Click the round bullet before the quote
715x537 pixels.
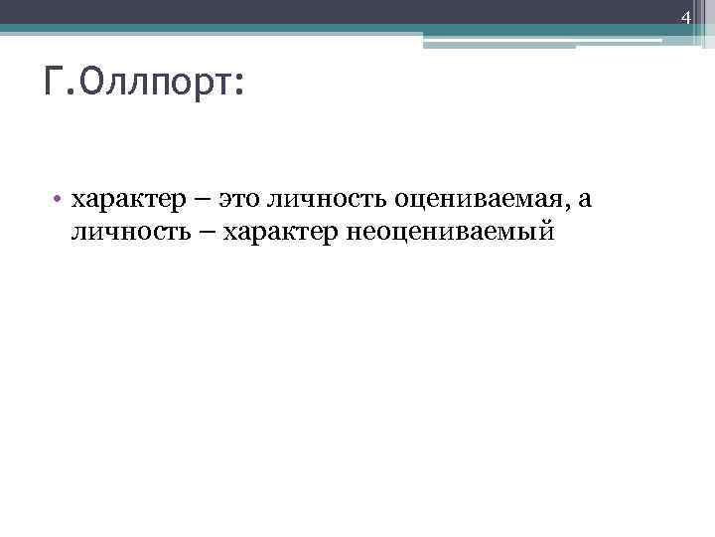pos(59,201)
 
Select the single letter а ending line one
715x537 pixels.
pos(585,201)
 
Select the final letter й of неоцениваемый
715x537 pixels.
pos(542,231)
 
